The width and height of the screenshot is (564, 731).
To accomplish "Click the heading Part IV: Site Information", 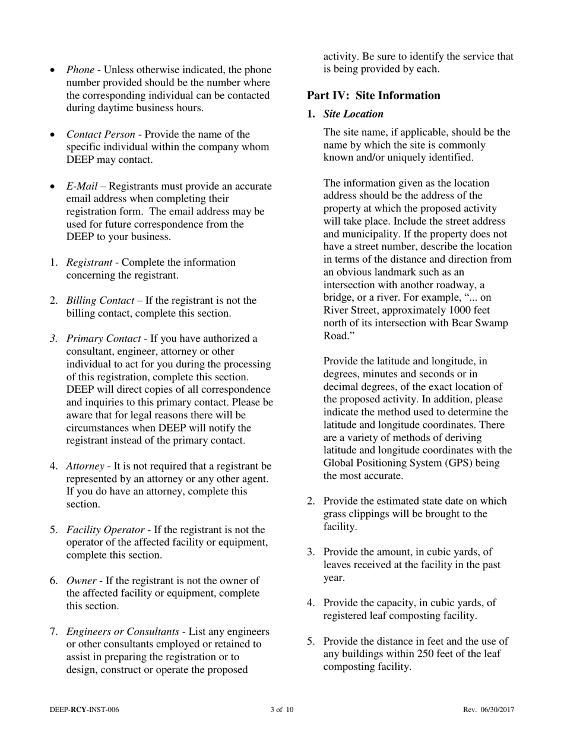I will coord(373,96).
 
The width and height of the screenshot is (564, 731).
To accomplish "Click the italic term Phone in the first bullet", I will coord(80,70).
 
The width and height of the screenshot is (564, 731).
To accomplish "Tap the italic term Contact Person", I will coord(100,134).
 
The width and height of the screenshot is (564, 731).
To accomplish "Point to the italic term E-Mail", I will coord(82,186).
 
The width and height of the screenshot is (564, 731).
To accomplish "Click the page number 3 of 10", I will coord(282,710).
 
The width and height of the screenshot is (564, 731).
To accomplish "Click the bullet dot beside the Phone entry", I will coord(53,71).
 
